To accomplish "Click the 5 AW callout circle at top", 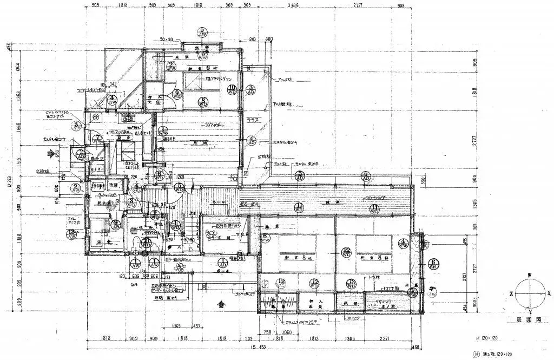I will click(202, 32).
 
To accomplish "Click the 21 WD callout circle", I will click(146, 244).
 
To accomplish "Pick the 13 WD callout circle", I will click(352, 283).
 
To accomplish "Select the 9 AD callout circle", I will click(115, 224).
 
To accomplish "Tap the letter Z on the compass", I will click(511, 293).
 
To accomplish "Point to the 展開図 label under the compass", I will click(523, 320).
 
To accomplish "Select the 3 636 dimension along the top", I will click(294, 5).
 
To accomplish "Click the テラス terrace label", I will click(251, 120).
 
